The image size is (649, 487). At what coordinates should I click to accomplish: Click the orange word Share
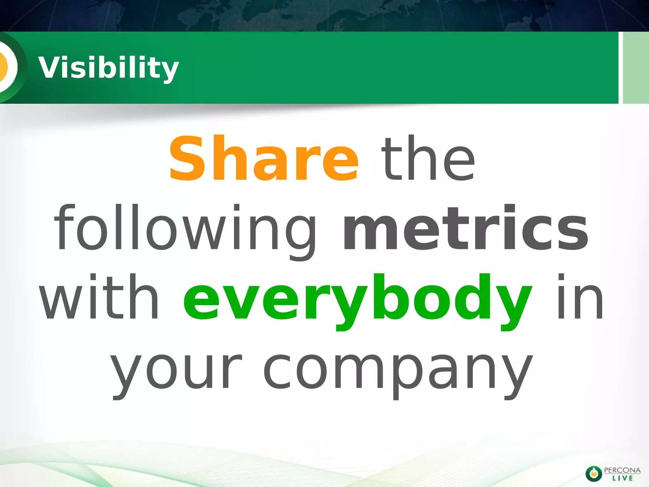pyautogui.click(x=264, y=159)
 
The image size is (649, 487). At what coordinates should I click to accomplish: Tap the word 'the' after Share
pyautogui.click(x=428, y=159)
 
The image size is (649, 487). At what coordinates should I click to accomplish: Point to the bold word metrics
pyautogui.click(x=466, y=228)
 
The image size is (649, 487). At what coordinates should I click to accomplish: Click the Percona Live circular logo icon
pyautogui.click(x=593, y=473)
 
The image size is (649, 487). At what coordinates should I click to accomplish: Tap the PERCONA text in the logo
pyautogui.click(x=622, y=470)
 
